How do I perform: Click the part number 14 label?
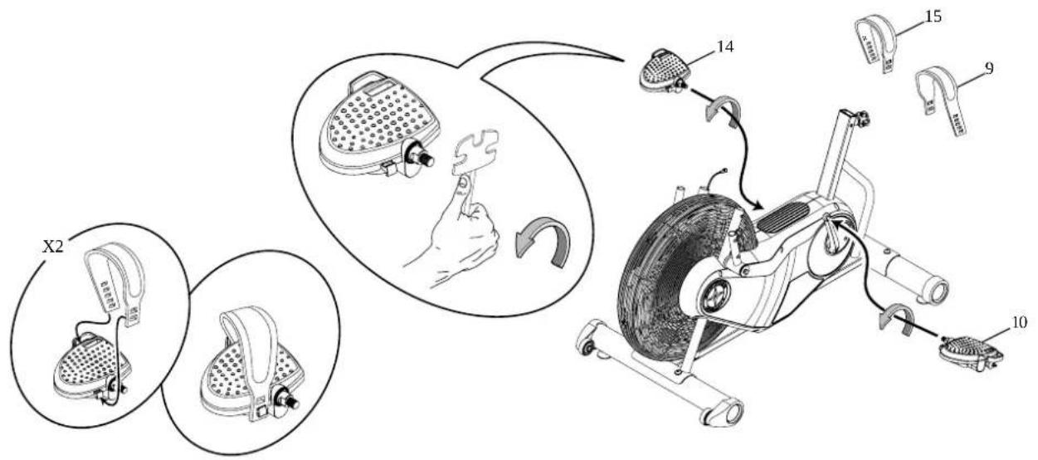725,47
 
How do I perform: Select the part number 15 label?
933,16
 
